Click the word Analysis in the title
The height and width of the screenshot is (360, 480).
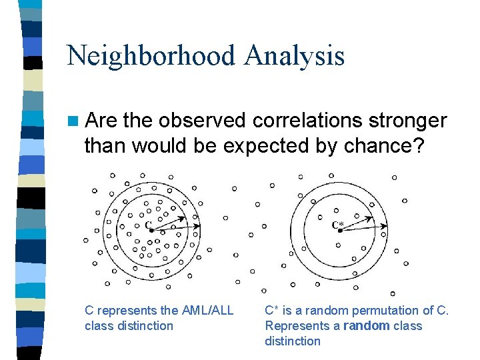point(294,55)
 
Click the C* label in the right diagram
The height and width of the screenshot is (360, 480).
point(339,225)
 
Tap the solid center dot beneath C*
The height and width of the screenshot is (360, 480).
point(340,231)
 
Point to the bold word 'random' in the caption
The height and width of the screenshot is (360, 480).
point(365,325)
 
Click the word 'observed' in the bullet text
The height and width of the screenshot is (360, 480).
point(203,120)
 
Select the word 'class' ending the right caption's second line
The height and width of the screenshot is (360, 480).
point(407,325)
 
